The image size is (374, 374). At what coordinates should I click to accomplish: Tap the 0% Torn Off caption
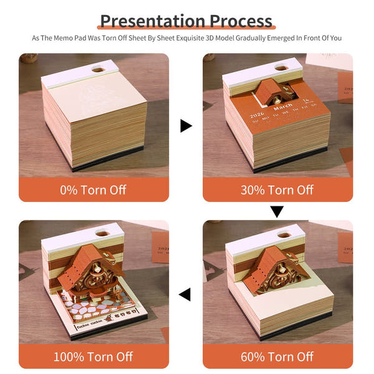[x=93, y=189]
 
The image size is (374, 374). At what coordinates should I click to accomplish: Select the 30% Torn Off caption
[x=277, y=189]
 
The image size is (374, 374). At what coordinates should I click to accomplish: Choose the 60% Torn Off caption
[x=277, y=357]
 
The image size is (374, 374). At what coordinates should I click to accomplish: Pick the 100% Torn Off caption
[x=93, y=357]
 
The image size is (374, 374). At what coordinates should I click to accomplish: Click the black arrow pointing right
[x=186, y=126]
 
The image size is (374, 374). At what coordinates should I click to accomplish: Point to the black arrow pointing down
[x=277, y=211]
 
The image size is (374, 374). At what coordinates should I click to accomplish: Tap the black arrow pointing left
[x=185, y=294]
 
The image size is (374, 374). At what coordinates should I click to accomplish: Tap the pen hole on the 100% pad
[x=102, y=236]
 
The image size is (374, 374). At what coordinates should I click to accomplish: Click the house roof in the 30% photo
[x=272, y=87]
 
